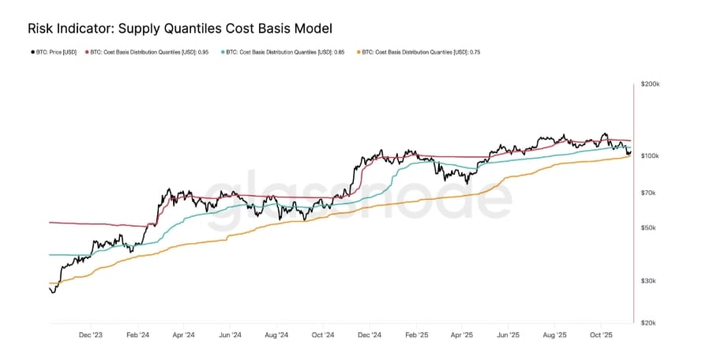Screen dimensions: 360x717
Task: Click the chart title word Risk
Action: tap(41, 28)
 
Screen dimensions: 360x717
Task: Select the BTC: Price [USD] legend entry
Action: tap(55, 52)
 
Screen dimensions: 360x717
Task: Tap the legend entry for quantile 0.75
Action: tap(422, 52)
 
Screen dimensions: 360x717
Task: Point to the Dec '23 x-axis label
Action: tap(91, 335)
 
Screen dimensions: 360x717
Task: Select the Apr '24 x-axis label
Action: tap(183, 335)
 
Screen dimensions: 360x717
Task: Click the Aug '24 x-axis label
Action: tap(276, 335)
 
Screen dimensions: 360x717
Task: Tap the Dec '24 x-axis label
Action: tap(370, 335)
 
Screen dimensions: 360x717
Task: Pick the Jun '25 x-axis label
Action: tap(509, 335)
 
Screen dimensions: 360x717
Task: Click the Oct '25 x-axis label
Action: tap(602, 335)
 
